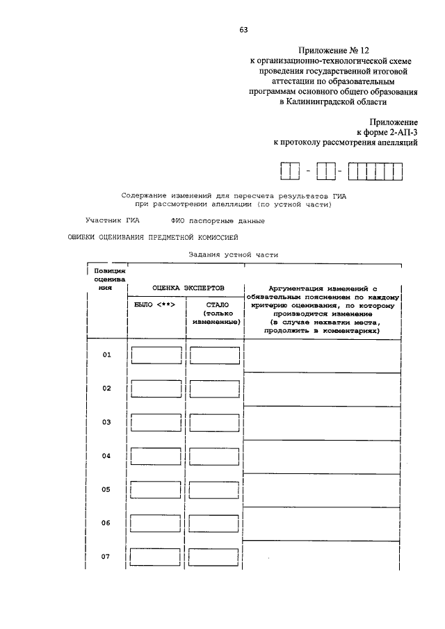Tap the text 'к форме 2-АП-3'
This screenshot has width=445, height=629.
387,131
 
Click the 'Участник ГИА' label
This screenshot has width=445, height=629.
113,221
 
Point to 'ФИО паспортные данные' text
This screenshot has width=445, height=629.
218,221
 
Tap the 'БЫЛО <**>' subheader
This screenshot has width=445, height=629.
154,304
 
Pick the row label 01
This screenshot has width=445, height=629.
107,355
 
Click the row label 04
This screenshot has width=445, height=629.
107,457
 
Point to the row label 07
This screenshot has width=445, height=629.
107,557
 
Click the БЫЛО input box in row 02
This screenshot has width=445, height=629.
156,389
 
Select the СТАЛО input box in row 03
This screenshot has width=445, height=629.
214,423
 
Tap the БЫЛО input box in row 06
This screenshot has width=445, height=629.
156,523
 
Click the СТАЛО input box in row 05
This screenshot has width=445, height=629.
214,490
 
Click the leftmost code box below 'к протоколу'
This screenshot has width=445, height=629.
286,170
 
